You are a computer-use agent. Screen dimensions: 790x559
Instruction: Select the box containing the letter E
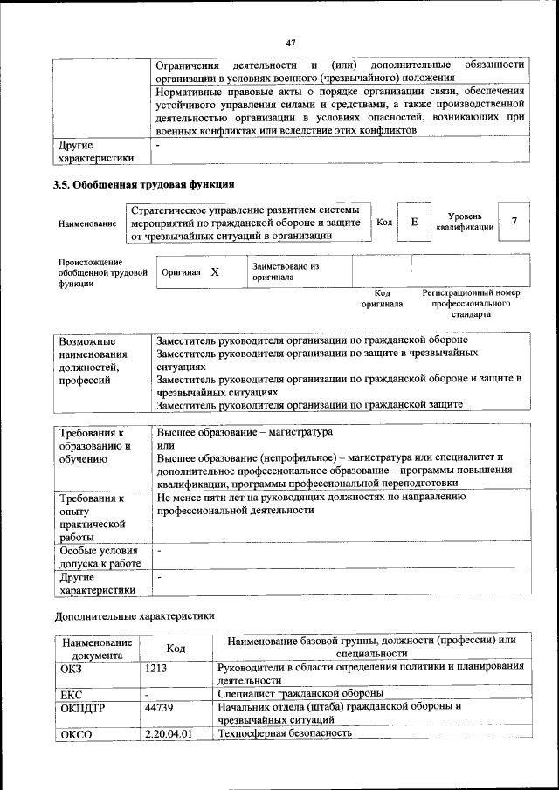(x=414, y=223)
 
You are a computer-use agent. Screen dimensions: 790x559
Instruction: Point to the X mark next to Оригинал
(x=214, y=272)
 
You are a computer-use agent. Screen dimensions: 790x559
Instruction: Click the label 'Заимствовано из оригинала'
(x=286, y=271)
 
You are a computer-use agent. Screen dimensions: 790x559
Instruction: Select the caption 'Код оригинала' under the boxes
(x=382, y=299)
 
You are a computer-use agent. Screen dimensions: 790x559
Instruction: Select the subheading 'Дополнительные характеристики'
(x=135, y=615)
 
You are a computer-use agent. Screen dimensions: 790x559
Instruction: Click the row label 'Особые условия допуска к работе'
(x=98, y=557)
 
